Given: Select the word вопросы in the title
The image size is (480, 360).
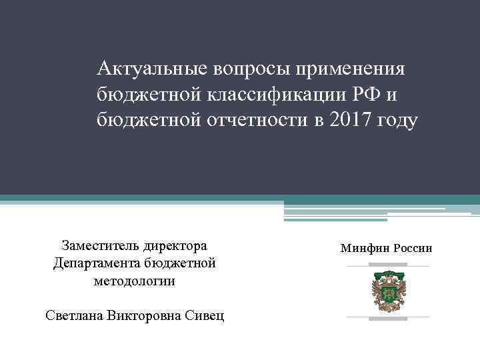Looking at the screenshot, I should point(251,69).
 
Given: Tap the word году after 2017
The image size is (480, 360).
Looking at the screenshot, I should point(397,121).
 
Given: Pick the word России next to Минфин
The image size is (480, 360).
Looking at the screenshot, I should point(413,248).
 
